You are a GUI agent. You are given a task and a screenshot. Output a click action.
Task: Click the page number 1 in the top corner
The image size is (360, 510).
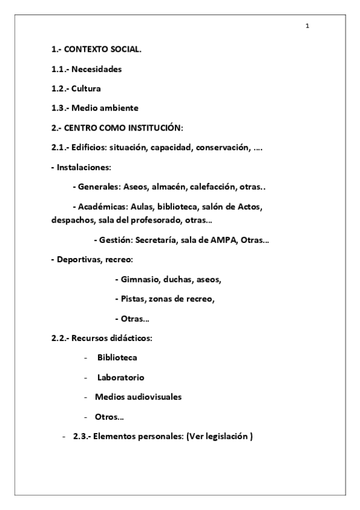[x=307, y=26]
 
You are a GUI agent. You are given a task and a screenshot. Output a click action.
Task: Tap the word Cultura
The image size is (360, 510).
[x=86, y=88]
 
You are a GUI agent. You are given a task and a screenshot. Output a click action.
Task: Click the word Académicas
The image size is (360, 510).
[x=103, y=206]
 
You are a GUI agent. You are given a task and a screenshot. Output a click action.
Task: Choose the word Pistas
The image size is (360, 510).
[x=132, y=299]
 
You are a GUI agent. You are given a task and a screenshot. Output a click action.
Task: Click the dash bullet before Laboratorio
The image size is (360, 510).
[x=87, y=378]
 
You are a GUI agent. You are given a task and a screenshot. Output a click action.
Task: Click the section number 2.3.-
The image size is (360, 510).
[x=81, y=437]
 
